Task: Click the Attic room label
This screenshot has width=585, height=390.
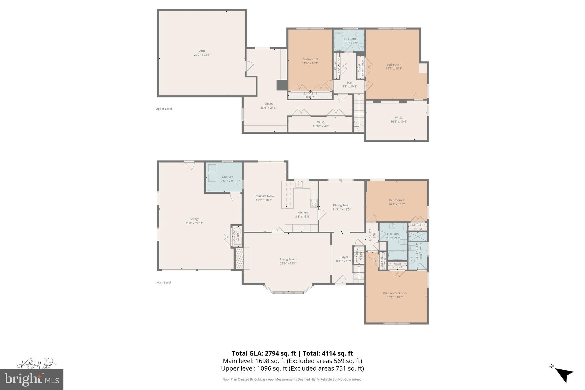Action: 202,51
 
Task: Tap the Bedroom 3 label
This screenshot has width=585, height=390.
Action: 310,59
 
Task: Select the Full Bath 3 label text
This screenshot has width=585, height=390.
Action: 351,39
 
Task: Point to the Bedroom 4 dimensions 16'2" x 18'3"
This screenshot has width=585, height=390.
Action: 394,69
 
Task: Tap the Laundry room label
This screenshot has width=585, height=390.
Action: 227,177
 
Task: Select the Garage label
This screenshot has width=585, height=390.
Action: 194,219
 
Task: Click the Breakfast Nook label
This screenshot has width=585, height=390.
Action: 264,196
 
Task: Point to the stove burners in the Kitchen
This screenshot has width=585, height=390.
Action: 314,203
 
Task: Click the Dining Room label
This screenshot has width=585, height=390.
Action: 341,205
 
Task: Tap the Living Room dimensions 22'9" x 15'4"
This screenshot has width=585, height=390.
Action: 288,263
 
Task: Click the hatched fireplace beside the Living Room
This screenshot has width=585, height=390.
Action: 239,259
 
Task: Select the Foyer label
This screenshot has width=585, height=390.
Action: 344,257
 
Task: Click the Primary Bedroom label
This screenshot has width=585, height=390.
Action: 395,293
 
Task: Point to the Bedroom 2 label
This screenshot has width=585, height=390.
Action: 396,200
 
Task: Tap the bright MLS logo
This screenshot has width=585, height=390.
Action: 32,379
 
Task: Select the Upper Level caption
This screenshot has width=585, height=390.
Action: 164,109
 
